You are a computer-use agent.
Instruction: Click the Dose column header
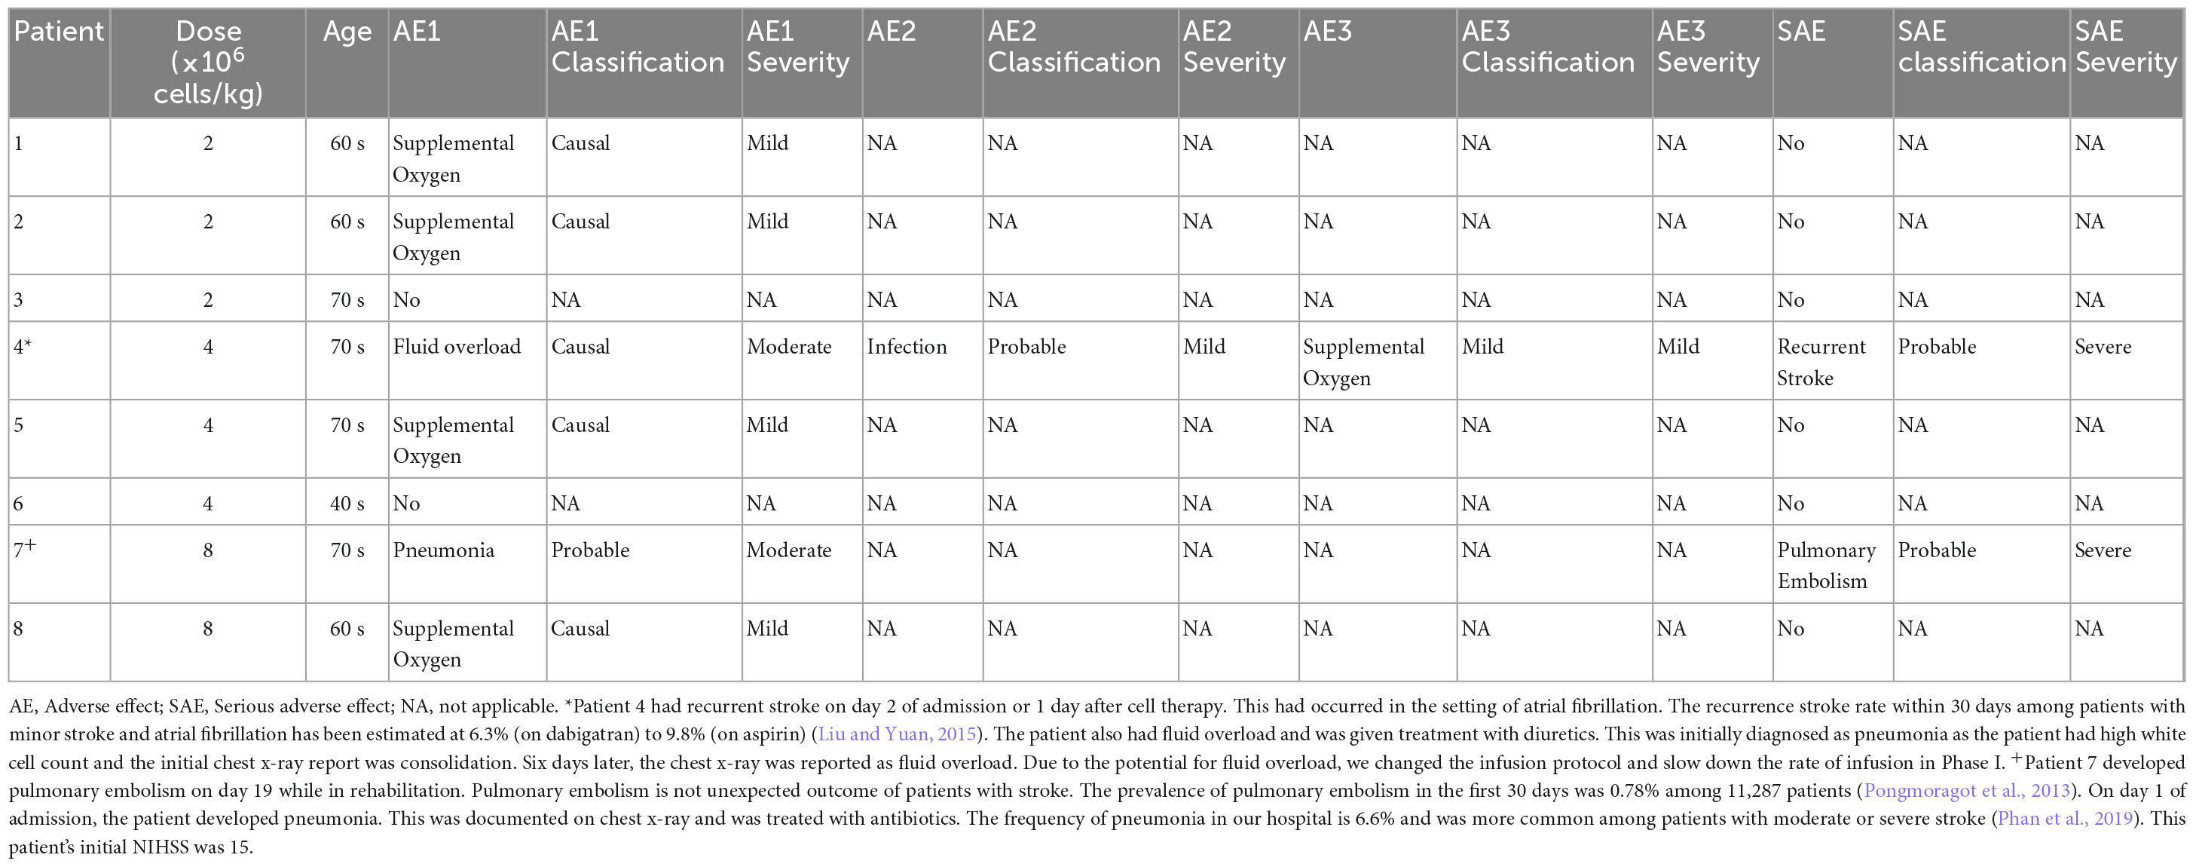(x=208, y=63)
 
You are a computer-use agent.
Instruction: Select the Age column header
(x=347, y=32)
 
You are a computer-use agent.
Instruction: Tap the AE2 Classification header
(x=1073, y=47)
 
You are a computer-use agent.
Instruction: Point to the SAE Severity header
(x=2125, y=47)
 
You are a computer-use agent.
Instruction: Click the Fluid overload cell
(x=456, y=347)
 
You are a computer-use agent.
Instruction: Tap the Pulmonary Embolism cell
(x=1826, y=565)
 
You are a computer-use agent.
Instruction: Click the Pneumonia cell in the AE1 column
(x=443, y=550)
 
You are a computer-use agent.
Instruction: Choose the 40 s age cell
(x=347, y=504)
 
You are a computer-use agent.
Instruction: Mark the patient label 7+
(x=25, y=550)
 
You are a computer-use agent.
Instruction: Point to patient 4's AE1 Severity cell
(x=788, y=347)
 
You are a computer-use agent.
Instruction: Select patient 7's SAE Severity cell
(x=2103, y=550)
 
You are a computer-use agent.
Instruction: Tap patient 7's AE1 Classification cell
(x=590, y=550)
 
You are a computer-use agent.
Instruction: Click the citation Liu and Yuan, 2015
(x=897, y=734)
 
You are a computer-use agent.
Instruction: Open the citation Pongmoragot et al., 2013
(x=1968, y=790)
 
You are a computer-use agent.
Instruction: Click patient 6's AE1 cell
(x=407, y=504)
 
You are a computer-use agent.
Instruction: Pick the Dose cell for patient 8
(x=208, y=630)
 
